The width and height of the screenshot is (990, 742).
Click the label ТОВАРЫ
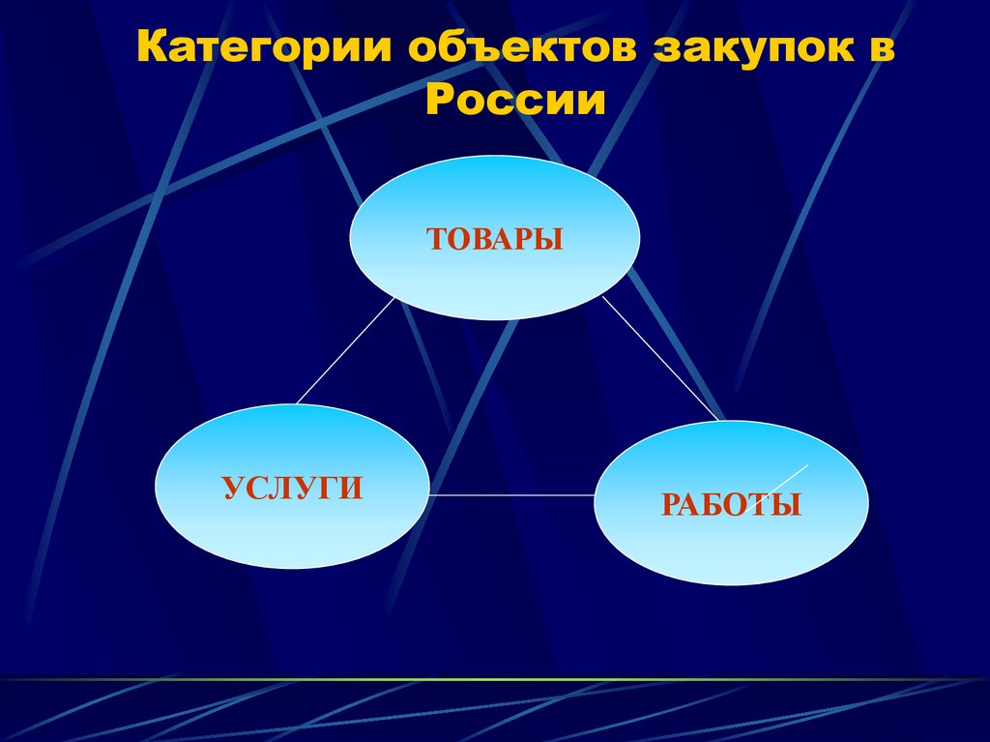pyautogui.click(x=494, y=239)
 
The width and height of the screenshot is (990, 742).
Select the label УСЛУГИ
pyautogui.click(x=293, y=487)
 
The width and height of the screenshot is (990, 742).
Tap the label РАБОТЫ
pyautogui.click(x=731, y=504)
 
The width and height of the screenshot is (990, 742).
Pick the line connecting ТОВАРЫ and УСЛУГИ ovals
pyautogui.click(x=345, y=350)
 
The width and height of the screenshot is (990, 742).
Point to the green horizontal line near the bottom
pyautogui.click(x=483, y=679)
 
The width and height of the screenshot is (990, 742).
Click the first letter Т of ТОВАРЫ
pyautogui.click(x=435, y=239)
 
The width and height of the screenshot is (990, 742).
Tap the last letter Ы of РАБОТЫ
pyautogui.click(x=790, y=504)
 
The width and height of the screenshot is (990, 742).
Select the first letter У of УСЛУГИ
pyautogui.click(x=233, y=487)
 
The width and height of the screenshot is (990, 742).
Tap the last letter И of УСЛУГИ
pyautogui.click(x=352, y=487)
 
